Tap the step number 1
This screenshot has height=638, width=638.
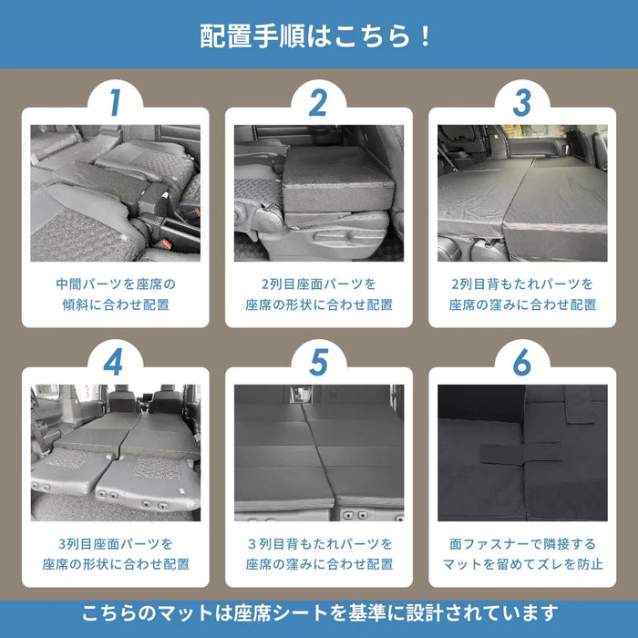coord(115,103)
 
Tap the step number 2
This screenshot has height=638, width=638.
coord(318,103)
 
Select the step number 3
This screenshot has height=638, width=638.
coord(521,103)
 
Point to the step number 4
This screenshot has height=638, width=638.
coord(115,362)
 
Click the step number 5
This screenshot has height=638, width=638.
coord(318,362)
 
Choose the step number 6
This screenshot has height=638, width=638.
coord(521,362)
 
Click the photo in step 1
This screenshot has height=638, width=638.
coord(115,193)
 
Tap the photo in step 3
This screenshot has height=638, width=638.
coord(521,193)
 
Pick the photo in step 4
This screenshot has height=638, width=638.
coord(115,452)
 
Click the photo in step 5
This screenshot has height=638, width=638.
coord(318,452)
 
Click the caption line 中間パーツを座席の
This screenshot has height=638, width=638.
coord(115,284)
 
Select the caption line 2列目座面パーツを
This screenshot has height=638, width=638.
coord(318,284)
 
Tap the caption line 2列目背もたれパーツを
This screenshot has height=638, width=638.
coord(521,284)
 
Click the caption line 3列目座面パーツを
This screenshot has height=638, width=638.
coord(115,543)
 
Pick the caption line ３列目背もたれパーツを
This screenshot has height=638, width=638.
coord(318,543)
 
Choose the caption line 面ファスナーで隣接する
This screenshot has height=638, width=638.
coord(521,543)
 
